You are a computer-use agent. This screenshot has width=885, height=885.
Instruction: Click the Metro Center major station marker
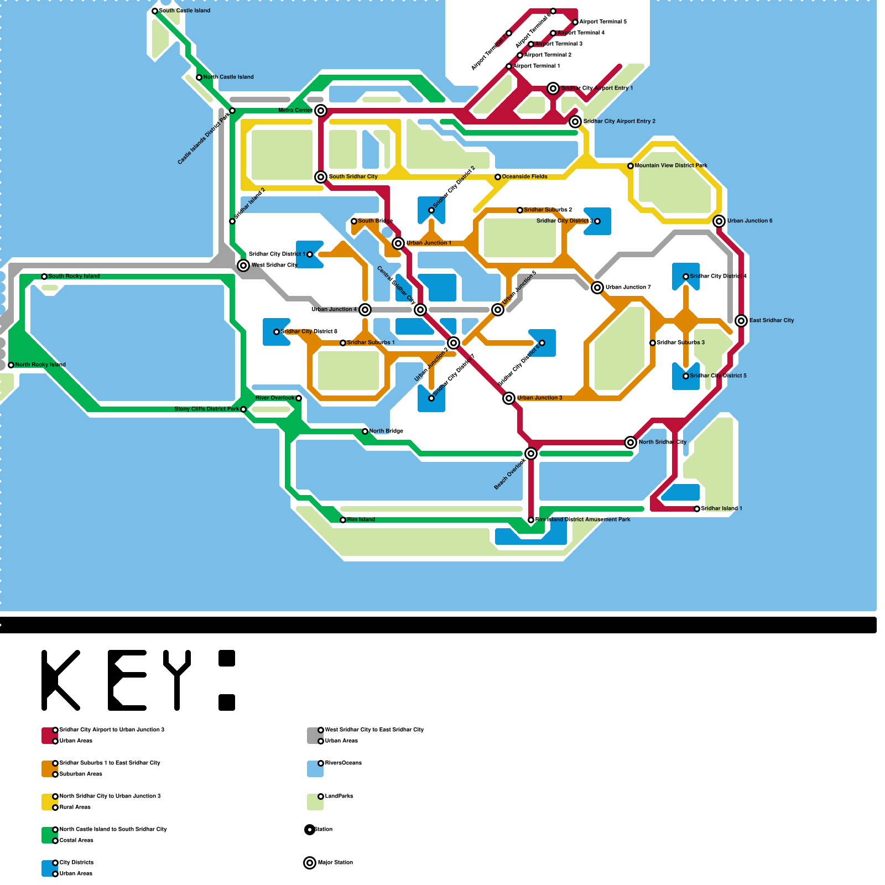321,111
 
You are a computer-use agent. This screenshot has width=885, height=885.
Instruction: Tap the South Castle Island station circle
155,11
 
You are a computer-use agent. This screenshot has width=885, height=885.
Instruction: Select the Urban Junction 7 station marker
597,288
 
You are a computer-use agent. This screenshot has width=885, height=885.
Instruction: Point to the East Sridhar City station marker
741,321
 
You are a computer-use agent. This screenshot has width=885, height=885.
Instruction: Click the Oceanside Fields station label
524,177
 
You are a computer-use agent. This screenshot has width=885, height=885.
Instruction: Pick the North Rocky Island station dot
11,365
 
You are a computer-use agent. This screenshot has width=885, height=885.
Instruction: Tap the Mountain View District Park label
671,166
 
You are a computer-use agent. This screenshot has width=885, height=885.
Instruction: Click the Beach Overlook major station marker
531,454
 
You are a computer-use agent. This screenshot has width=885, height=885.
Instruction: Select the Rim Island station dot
343,520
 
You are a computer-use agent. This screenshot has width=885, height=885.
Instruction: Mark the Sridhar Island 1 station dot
697,509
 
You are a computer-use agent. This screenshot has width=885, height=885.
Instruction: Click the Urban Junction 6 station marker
719,221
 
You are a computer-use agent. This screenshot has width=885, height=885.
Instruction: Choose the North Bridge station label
386,431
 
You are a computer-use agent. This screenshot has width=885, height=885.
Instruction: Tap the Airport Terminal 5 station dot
575,22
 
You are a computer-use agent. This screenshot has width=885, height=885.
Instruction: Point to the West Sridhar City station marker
243,265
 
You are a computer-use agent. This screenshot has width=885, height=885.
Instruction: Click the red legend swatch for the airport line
49,736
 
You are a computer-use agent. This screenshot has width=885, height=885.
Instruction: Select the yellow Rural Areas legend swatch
49,802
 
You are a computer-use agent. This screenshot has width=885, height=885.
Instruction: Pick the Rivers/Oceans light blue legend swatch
315,769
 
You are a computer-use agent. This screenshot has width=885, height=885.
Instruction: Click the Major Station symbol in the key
310,863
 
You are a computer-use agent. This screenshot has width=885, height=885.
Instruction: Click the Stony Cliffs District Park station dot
243,409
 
